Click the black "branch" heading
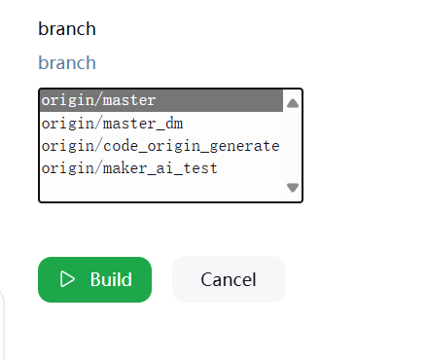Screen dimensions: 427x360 pos(67,29)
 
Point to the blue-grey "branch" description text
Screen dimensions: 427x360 pos(67,62)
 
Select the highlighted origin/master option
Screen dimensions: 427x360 pos(161,100)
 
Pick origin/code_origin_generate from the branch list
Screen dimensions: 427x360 pos(160,146)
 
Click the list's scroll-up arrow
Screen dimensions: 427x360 pos(293,103)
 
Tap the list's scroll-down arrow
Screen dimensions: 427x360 pos(293,188)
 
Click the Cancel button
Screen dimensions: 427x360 pos(229,279)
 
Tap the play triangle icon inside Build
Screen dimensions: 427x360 pos(67,279)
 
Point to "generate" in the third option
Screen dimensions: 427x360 pos(244,147)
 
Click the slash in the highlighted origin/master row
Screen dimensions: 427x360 pos(99,100)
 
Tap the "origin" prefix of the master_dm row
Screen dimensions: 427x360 pos(68,124)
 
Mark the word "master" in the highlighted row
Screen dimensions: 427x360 pos(129,100)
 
